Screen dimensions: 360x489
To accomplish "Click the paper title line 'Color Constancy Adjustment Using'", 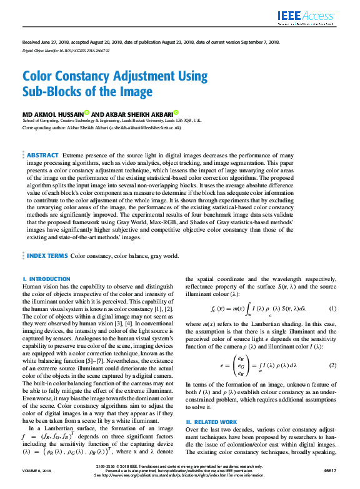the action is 114,77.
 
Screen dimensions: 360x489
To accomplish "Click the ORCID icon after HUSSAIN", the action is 86,112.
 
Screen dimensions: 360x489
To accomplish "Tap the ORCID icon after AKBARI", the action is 176,112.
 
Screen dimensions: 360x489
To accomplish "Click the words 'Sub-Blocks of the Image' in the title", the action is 87,92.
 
